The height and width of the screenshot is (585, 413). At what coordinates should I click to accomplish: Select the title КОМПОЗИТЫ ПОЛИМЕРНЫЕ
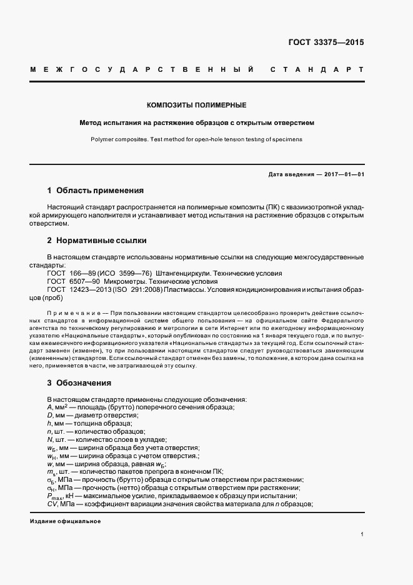pyautogui.click(x=196, y=105)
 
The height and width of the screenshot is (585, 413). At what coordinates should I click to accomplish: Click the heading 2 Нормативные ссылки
pyautogui.click(x=97, y=240)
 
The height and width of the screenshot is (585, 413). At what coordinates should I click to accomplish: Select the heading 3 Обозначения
pyautogui.click(x=79, y=382)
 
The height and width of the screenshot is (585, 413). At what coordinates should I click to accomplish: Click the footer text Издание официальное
pyautogui.click(x=65, y=521)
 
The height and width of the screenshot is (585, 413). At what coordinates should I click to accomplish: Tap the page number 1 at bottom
pyautogui.click(x=362, y=534)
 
